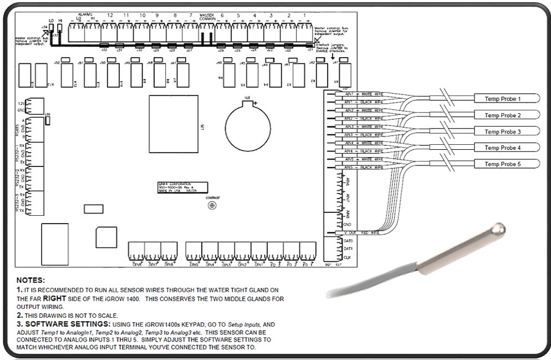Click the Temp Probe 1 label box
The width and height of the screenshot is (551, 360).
point(503,99)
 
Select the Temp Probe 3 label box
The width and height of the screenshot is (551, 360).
point(503,131)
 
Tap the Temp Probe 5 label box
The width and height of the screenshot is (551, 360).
point(503,164)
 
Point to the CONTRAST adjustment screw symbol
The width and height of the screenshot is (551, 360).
point(211,205)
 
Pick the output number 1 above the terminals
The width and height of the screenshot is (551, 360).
point(305,15)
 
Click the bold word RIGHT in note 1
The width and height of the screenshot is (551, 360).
point(59,298)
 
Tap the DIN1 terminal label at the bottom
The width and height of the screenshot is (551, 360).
point(259,264)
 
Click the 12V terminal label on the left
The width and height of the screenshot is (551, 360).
point(21,103)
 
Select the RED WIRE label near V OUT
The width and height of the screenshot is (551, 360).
point(369,233)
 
